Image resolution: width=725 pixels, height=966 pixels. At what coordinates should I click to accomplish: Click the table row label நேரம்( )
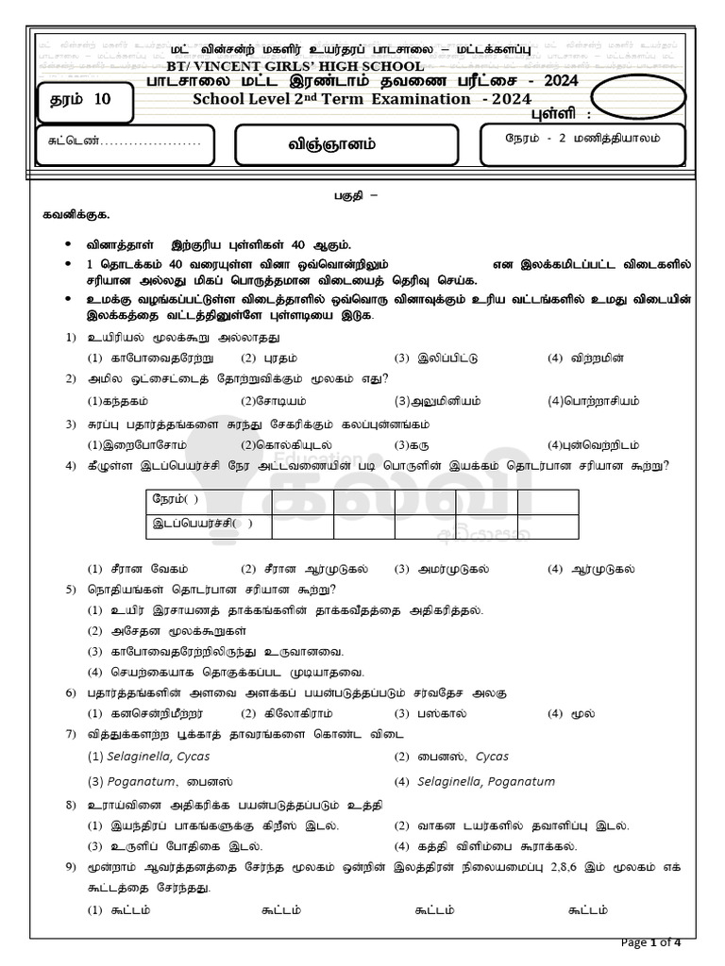177,499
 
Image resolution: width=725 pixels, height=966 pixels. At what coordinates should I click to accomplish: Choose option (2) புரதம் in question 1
261,358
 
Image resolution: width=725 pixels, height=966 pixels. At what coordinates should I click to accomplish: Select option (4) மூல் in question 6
570,712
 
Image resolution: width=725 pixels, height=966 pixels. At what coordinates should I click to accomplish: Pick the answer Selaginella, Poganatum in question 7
475,781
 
